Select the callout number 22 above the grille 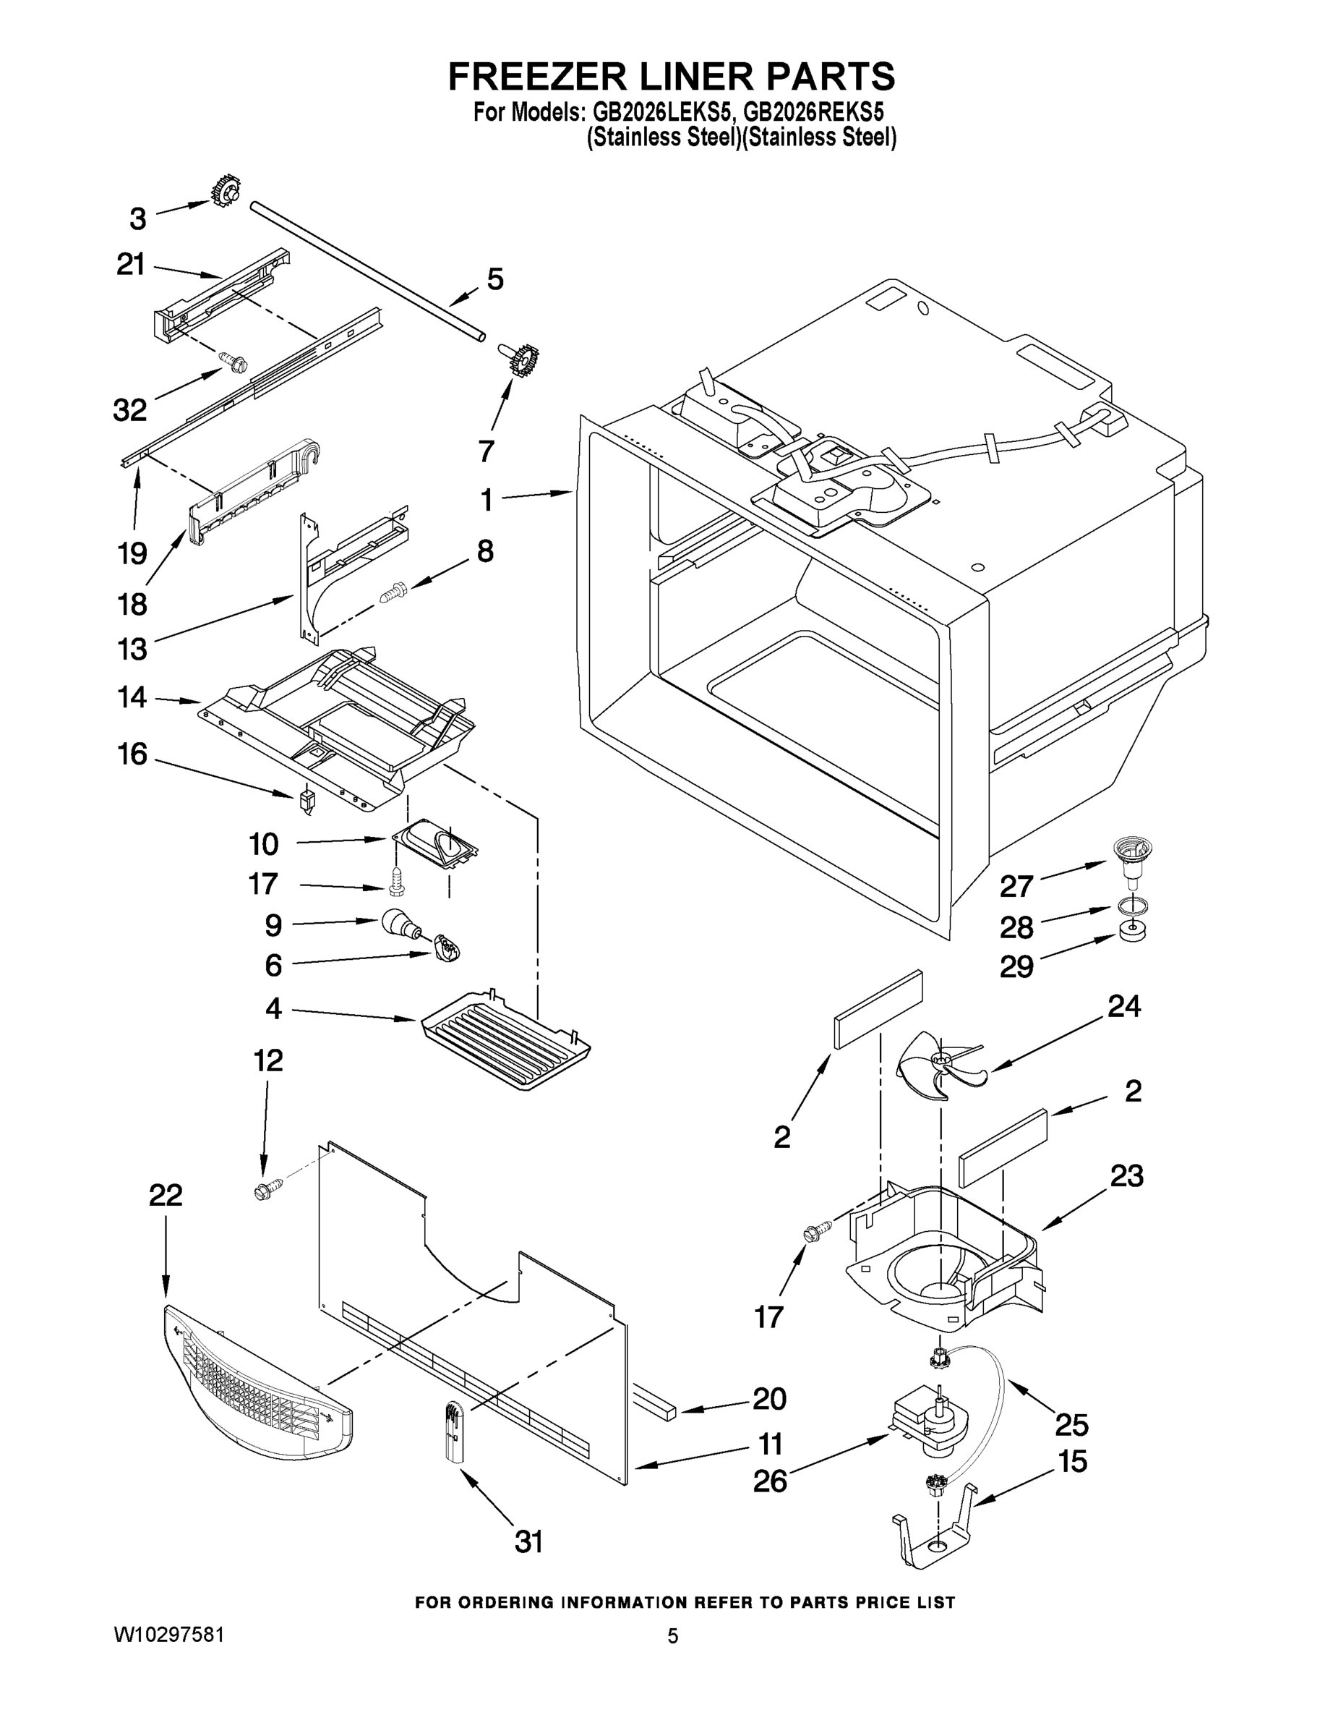[166, 1195]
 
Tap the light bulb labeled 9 [399, 923]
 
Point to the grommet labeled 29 [1131, 931]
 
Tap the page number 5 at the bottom [672, 1636]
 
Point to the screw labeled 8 [393, 592]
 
